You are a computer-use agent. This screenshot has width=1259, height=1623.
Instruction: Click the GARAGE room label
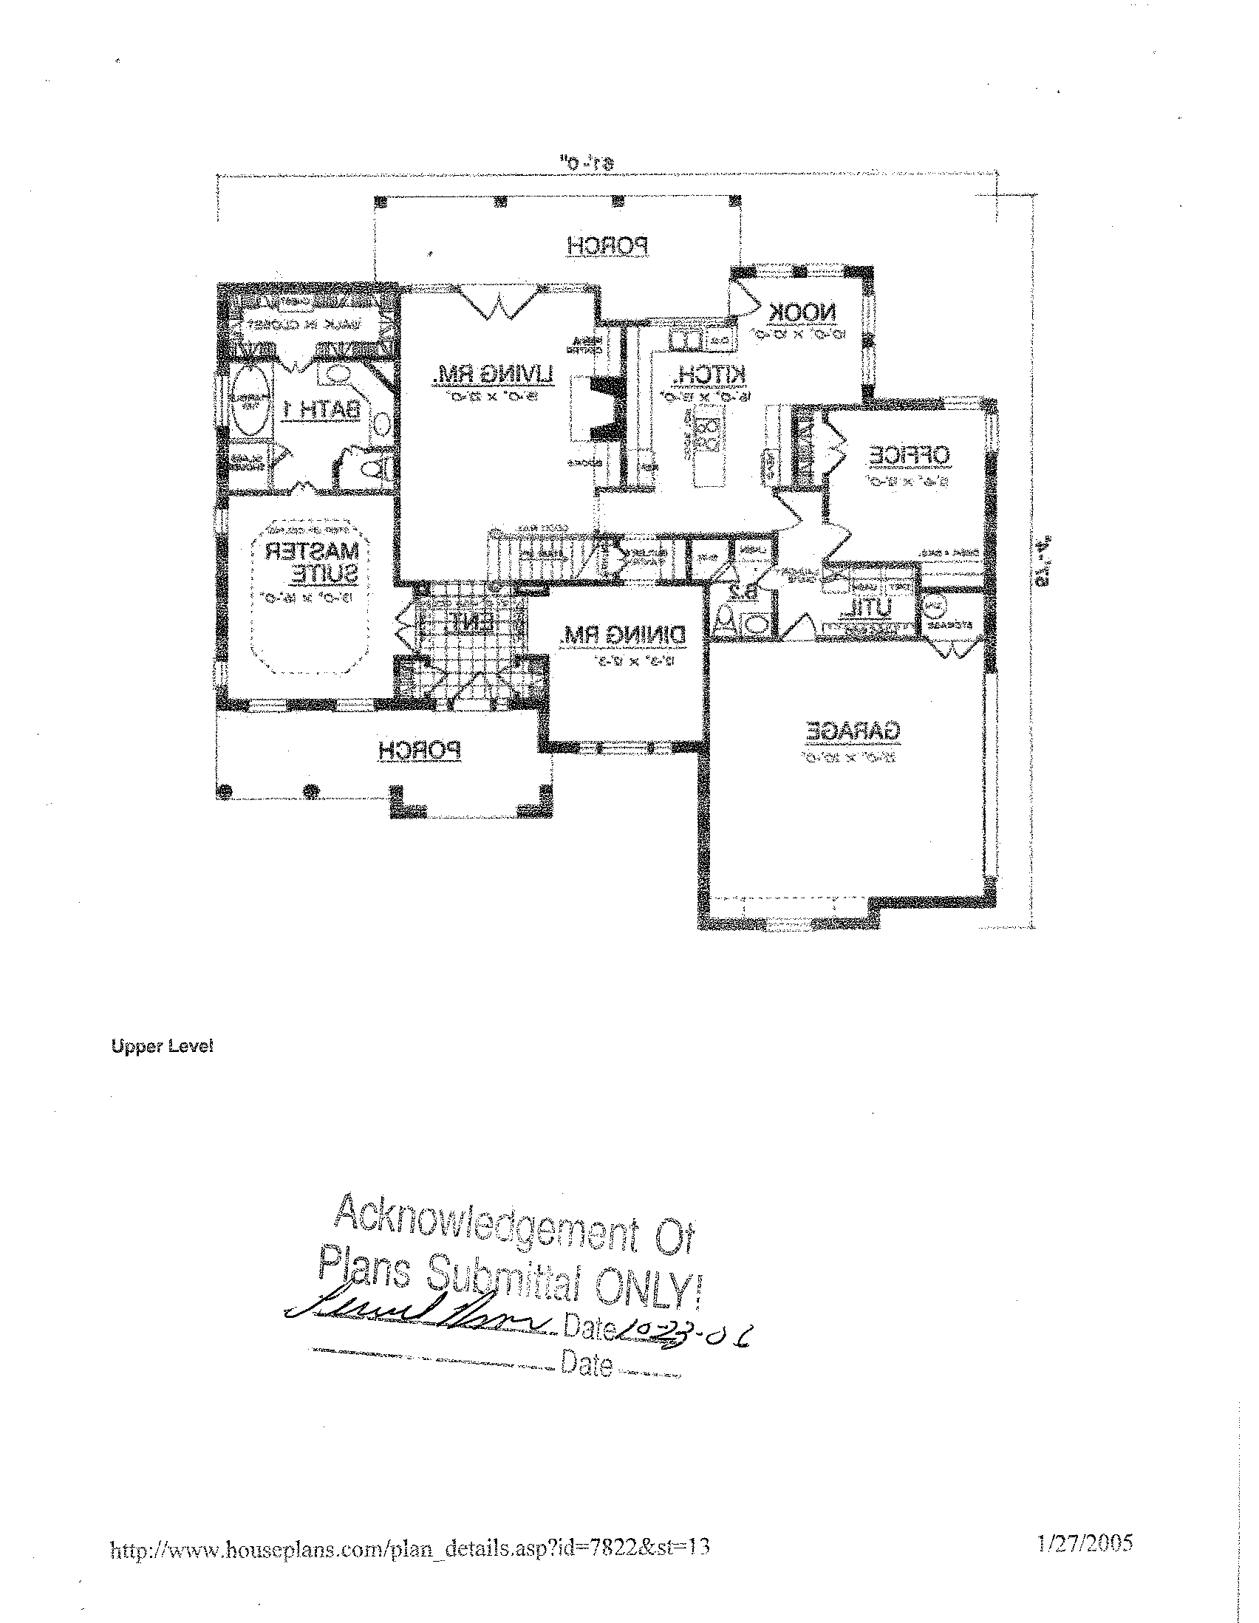coord(853,731)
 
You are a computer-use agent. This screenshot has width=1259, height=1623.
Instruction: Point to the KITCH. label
coord(709,375)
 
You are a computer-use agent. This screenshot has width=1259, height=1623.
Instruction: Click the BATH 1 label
coord(324,409)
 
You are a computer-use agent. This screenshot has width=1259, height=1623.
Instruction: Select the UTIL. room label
coord(865,609)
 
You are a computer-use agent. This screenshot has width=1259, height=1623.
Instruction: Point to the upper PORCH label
coord(608,246)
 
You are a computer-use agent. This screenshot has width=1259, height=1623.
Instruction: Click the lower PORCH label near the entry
coord(419,751)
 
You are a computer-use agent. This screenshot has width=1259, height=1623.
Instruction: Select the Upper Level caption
coord(162,1046)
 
